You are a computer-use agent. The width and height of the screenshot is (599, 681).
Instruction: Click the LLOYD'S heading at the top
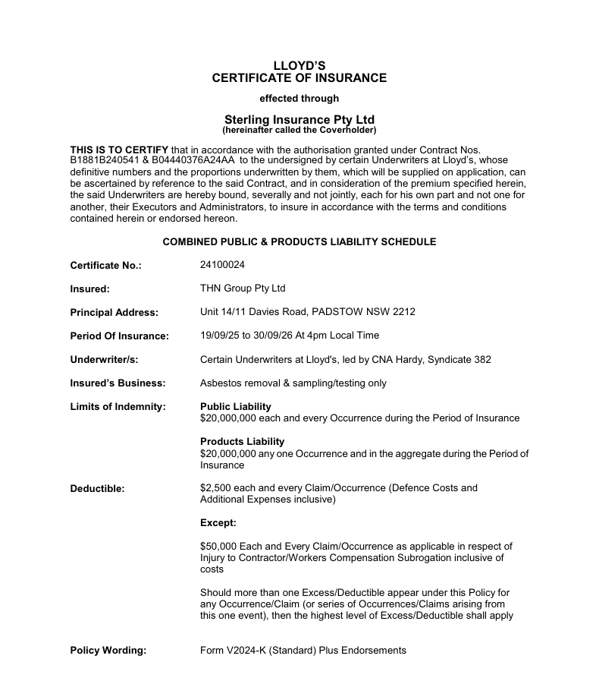pos(299,65)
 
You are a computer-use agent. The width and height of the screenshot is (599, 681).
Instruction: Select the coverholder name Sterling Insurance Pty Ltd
pos(299,120)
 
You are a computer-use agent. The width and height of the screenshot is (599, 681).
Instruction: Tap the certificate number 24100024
pos(222,265)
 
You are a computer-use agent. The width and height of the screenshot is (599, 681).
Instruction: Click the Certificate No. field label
pos(105,266)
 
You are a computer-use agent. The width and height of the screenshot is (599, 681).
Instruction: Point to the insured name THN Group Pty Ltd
pos(242,288)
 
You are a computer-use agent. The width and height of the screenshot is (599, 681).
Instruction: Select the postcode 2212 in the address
pos(403,312)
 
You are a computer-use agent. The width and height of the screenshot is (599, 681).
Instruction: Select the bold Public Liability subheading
pos(235,406)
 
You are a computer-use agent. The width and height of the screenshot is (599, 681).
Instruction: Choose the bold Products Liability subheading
pos(242,441)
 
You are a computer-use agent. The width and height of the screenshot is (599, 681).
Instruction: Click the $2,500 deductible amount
pos(215,488)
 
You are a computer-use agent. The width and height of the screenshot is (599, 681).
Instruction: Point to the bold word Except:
pos(218,523)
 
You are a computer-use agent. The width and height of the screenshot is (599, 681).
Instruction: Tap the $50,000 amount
pos(218,546)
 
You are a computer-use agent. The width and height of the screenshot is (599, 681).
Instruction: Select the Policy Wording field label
pos(108,651)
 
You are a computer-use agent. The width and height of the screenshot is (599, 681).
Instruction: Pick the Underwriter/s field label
pos(104,360)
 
